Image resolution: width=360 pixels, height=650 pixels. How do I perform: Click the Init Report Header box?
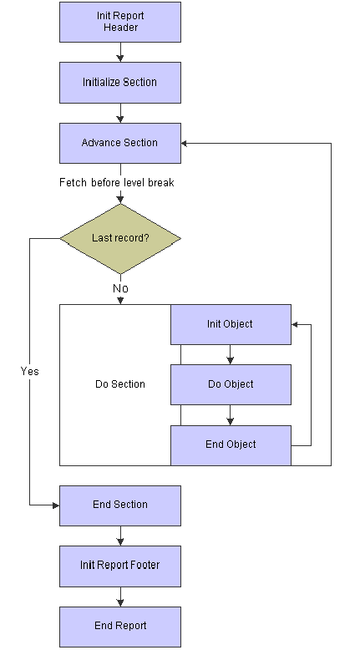click(x=120, y=22)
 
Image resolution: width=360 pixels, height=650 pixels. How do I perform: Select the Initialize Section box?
click(x=120, y=83)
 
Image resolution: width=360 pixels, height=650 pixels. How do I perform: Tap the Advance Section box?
click(x=120, y=143)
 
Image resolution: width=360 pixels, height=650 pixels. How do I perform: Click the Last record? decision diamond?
click(x=120, y=238)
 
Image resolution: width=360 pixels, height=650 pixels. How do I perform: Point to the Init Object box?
click(x=231, y=325)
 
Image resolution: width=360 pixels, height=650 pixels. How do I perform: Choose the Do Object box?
click(x=231, y=384)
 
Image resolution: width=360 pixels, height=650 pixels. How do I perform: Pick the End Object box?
click(x=231, y=445)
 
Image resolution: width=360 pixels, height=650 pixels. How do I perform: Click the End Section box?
click(x=120, y=505)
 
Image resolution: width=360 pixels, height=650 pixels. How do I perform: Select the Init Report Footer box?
click(x=120, y=566)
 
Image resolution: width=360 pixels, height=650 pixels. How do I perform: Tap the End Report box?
click(x=120, y=627)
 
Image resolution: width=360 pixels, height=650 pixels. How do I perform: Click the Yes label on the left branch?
click(x=30, y=371)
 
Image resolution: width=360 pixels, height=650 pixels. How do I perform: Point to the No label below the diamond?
click(x=120, y=288)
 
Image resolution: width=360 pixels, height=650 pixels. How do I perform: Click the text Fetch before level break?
click(x=117, y=183)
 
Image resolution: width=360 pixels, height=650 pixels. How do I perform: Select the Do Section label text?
click(x=120, y=384)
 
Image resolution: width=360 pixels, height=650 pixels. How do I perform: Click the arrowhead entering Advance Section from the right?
click(x=185, y=144)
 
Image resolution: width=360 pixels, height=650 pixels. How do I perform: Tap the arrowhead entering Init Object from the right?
click(x=295, y=325)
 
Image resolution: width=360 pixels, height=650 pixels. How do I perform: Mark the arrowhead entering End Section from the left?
click(x=56, y=505)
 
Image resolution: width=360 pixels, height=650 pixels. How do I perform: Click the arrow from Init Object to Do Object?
click(x=231, y=355)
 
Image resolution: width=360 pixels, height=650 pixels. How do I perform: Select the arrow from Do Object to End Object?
click(x=231, y=415)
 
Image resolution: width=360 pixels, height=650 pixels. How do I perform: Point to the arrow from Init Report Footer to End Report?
click(x=120, y=597)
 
